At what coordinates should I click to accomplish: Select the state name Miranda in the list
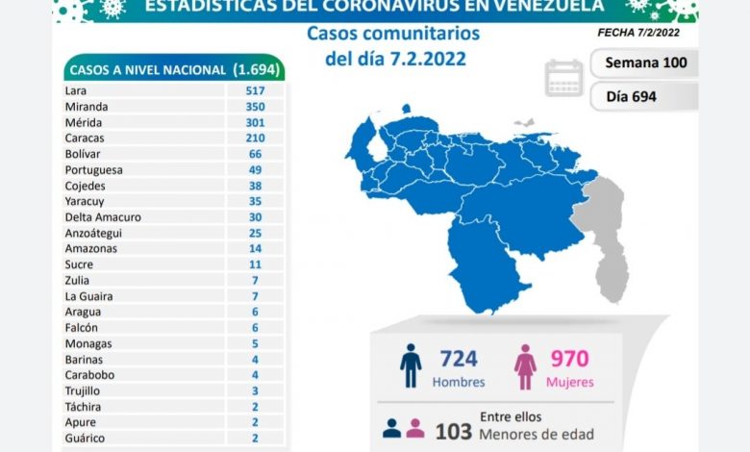coord(86,107)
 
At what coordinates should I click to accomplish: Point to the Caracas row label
coord(86,138)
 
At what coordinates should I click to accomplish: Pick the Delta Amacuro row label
coord(102,217)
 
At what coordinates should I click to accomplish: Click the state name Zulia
coord(77,280)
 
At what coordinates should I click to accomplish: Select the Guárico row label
coord(84,438)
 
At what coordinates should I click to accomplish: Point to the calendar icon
coord(564,78)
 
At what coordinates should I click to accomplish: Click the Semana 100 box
coord(644,64)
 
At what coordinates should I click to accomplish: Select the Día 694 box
coord(644,96)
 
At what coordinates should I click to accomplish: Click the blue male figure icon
coord(411,365)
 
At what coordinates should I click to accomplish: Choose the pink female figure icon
coord(525,366)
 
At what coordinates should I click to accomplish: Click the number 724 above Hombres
coord(460,359)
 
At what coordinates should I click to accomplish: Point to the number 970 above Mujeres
coord(570,359)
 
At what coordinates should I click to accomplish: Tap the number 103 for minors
coord(453,431)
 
